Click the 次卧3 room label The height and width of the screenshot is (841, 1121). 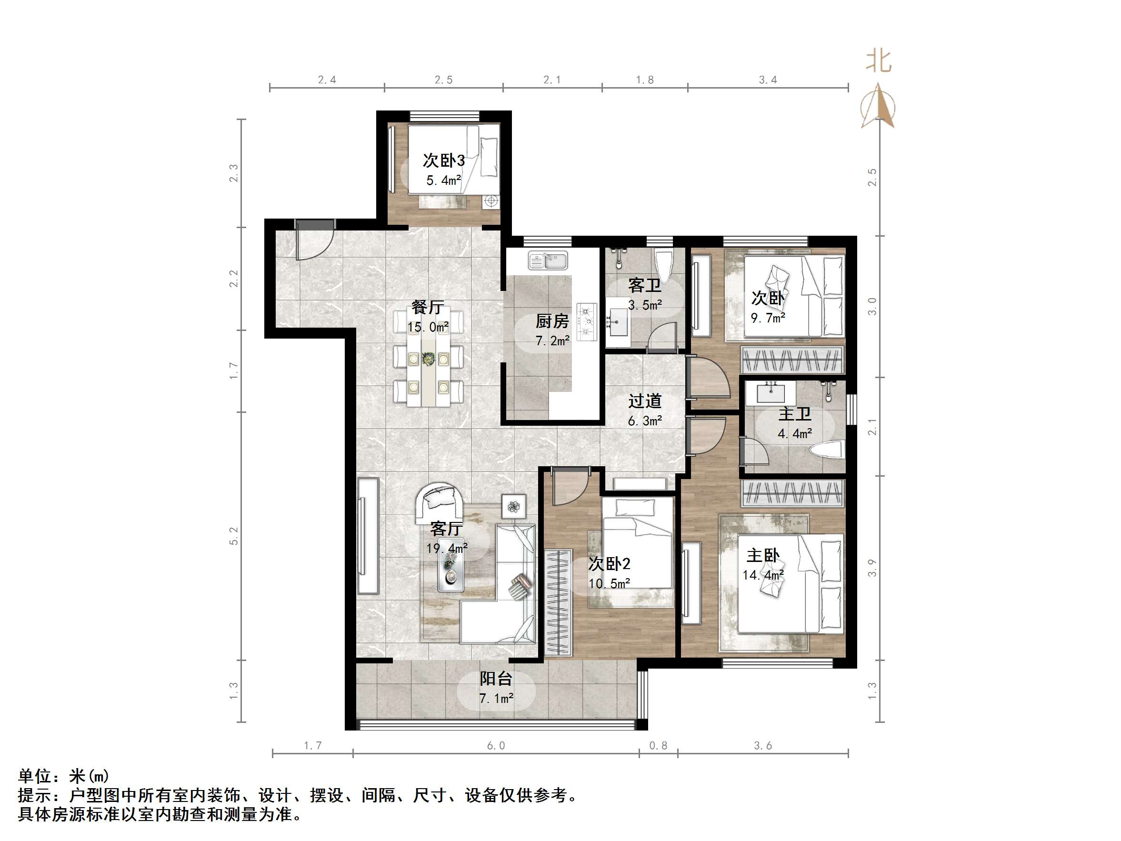pyautogui.click(x=443, y=160)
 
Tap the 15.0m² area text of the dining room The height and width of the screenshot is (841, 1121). pyautogui.click(x=428, y=327)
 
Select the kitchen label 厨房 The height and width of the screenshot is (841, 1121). pyautogui.click(x=552, y=321)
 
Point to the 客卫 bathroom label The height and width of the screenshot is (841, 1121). pyautogui.click(x=645, y=285)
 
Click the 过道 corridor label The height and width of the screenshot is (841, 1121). pyautogui.click(x=645, y=401)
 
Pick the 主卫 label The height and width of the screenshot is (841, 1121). pyautogui.click(x=795, y=414)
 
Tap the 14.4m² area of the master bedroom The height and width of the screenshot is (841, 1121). pyautogui.click(x=763, y=575)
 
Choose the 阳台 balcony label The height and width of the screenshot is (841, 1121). pyautogui.click(x=496, y=679)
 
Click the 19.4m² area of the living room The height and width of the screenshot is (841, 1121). pyautogui.click(x=447, y=548)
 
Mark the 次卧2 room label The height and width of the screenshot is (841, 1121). pyautogui.click(x=609, y=564)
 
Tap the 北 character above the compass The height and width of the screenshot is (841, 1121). pyautogui.click(x=878, y=61)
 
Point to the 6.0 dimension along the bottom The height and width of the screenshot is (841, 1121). pyautogui.click(x=496, y=745)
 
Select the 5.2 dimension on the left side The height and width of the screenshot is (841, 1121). pyautogui.click(x=234, y=536)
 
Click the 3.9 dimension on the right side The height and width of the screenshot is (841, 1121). pyautogui.click(x=872, y=567)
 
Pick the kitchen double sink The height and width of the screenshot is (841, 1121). pyautogui.click(x=548, y=260)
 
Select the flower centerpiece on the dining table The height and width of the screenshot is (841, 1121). pyautogui.click(x=428, y=359)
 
